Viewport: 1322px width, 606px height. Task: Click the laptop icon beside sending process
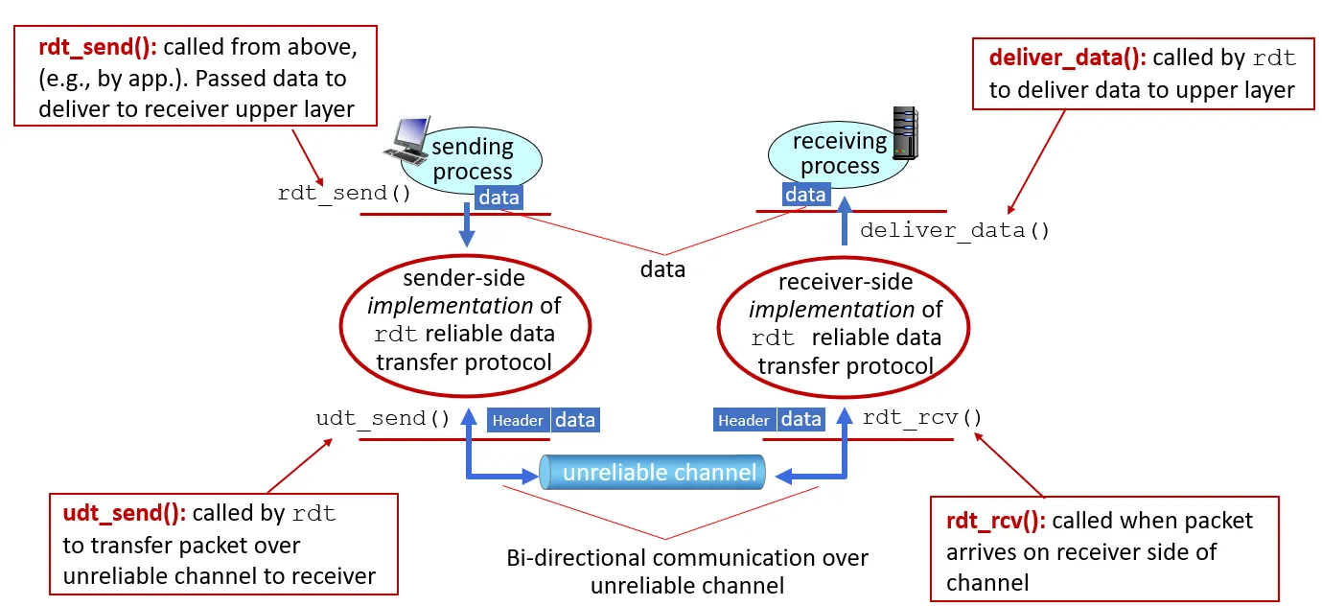(x=406, y=140)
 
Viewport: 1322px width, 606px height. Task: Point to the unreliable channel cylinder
(x=653, y=472)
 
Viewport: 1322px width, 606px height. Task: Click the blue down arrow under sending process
(x=468, y=227)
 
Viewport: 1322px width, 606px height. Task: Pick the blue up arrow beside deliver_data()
(x=845, y=222)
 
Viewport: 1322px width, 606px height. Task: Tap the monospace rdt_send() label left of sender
(x=344, y=193)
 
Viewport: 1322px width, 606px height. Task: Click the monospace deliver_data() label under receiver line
(x=955, y=230)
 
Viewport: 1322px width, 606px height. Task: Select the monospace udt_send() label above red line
(x=383, y=419)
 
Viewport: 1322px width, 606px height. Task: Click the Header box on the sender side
(x=519, y=420)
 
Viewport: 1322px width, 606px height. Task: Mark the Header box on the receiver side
(x=744, y=420)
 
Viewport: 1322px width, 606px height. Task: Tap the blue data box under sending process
(x=499, y=198)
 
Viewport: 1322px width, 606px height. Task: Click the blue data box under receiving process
(x=805, y=195)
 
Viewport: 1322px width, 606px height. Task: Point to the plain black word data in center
(x=663, y=269)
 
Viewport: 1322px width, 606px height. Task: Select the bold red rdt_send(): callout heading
(x=99, y=46)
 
